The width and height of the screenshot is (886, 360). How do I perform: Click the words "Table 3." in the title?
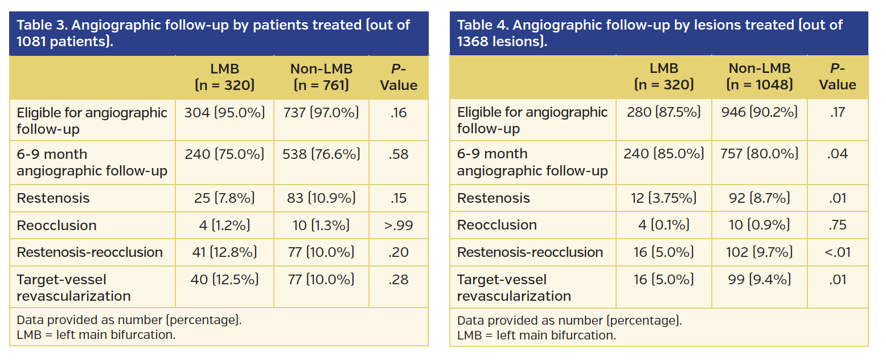(x=45, y=26)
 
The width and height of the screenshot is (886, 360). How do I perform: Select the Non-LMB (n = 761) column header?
(x=321, y=77)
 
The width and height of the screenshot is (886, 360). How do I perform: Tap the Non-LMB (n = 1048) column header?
(x=760, y=77)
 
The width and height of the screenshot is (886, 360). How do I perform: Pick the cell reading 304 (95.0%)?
(x=224, y=113)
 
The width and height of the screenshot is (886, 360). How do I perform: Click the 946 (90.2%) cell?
(x=760, y=113)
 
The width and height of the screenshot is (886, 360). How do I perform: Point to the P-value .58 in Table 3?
(x=399, y=154)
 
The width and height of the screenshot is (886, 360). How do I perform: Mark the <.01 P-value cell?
(x=838, y=252)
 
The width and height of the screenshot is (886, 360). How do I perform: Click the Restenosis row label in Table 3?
(x=53, y=198)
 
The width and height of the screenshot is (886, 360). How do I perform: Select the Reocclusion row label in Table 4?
(x=497, y=226)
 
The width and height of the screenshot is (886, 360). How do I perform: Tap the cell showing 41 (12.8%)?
(x=224, y=252)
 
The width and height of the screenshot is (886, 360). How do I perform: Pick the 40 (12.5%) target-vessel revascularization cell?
(x=224, y=280)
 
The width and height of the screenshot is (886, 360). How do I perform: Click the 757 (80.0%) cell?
(x=760, y=154)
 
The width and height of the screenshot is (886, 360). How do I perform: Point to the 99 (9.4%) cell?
(x=760, y=280)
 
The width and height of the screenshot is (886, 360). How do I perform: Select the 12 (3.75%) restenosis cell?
(x=664, y=198)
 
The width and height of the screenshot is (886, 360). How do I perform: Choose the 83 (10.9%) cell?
(x=321, y=198)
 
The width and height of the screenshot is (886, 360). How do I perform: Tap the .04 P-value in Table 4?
(x=838, y=154)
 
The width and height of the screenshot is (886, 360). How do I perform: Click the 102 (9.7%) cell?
(x=760, y=252)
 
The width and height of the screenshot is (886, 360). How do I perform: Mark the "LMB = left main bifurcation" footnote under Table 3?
(x=96, y=335)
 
